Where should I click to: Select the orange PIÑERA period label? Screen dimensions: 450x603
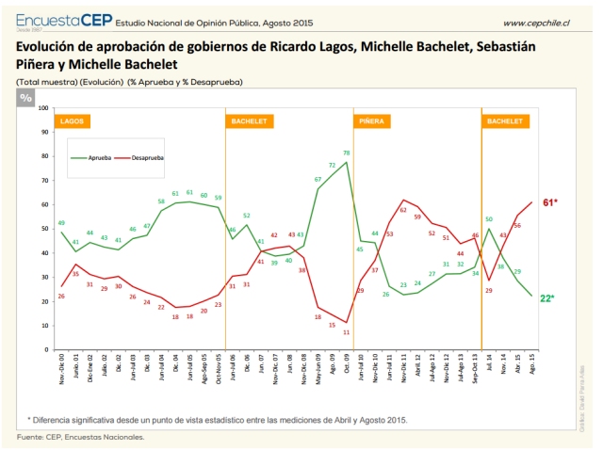pos(369,122)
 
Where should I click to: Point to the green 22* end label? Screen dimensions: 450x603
pos(546,298)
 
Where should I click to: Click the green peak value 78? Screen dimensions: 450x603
pos(347,153)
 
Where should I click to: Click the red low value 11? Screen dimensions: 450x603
pos(347,332)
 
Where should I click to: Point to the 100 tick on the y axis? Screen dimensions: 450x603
pos(43,108)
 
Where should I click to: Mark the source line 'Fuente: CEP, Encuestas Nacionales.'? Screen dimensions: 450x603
pos(80,437)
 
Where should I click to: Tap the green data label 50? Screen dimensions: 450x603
pos(489,219)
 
